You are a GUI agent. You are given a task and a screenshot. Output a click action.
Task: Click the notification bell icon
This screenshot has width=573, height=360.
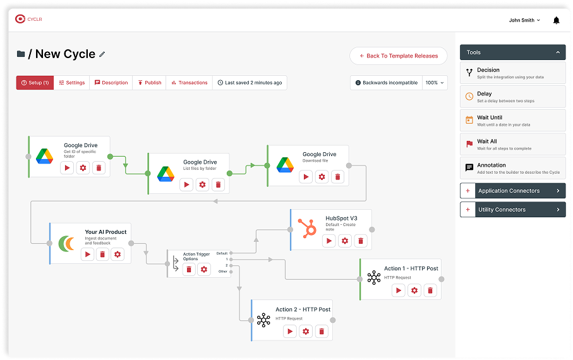tap(556, 20)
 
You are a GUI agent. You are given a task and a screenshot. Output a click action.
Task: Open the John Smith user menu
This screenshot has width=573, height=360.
tap(524, 20)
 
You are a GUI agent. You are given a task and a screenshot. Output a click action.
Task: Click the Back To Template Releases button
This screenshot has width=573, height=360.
tap(398, 56)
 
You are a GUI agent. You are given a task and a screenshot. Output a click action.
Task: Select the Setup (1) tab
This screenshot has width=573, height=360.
tap(35, 83)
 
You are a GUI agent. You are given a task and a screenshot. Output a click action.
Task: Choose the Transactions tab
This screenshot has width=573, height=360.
tap(189, 83)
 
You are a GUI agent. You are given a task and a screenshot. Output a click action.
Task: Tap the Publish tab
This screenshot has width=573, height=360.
tap(149, 83)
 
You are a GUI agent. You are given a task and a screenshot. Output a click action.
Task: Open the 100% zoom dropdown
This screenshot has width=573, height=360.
tap(435, 83)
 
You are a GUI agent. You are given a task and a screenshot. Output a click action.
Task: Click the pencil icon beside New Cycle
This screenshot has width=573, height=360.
tap(102, 54)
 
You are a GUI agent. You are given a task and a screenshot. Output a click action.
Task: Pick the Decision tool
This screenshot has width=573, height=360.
tap(512, 73)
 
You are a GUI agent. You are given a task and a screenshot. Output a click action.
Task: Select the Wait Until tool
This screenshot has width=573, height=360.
tap(512, 121)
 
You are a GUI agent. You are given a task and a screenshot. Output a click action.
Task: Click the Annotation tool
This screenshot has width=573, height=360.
tap(512, 168)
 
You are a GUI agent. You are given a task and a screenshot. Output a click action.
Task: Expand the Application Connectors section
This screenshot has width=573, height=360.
tap(512, 191)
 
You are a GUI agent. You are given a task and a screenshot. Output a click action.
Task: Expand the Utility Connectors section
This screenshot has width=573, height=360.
tap(512, 210)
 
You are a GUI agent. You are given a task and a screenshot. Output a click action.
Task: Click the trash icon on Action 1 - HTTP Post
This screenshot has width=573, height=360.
tap(430, 291)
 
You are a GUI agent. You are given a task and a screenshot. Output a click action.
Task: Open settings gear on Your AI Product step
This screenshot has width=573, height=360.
tap(118, 254)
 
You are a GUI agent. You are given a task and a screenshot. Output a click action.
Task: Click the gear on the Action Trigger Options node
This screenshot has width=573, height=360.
tap(203, 270)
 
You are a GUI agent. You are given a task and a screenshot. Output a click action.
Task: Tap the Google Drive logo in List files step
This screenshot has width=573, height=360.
tap(166, 174)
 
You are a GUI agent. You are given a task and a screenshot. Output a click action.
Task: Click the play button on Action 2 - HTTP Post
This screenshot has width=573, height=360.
tap(290, 332)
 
